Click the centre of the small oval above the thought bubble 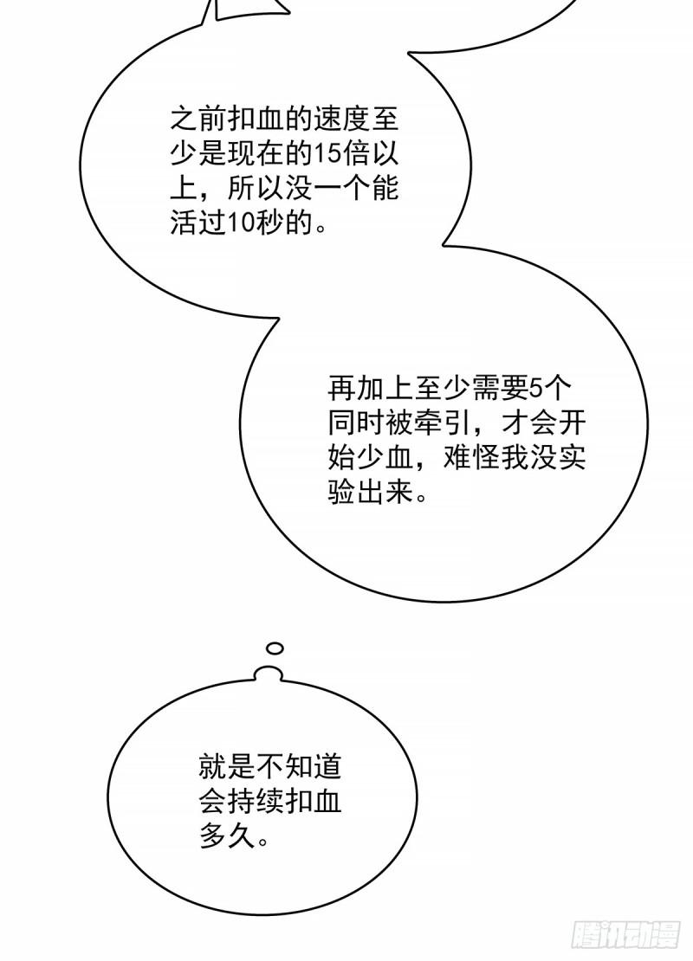pos(275,648)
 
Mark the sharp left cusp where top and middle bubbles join pos(278,318)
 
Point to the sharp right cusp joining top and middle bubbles pos(444,244)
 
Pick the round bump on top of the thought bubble pos(270,673)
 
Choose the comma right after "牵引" pos(481,431)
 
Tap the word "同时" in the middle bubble pos(356,422)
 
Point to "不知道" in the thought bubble pos(299,766)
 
